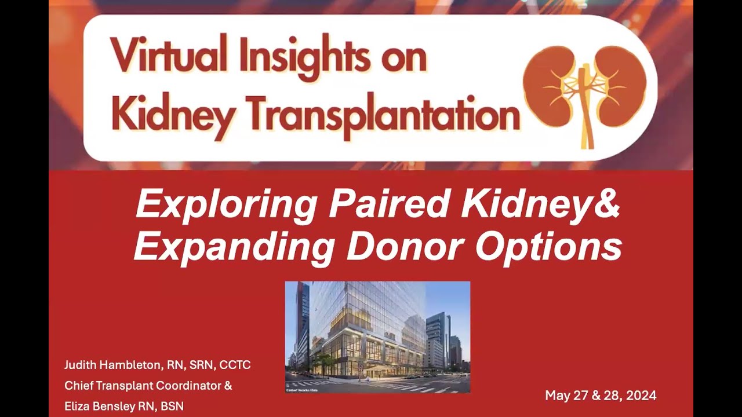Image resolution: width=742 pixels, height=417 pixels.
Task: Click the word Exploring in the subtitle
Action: coord(225,204)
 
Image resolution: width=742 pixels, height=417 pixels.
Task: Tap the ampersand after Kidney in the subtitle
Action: coord(608,204)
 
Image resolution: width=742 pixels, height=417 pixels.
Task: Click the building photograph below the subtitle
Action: coord(377,337)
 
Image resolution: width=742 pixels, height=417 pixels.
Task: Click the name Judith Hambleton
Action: coord(111,365)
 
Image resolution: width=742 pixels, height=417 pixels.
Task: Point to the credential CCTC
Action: coord(235,365)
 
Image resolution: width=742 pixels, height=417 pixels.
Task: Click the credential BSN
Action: coord(172,407)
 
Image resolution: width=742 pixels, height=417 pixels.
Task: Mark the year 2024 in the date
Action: coord(641,396)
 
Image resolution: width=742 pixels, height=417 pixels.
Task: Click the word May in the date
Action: coord(558,396)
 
